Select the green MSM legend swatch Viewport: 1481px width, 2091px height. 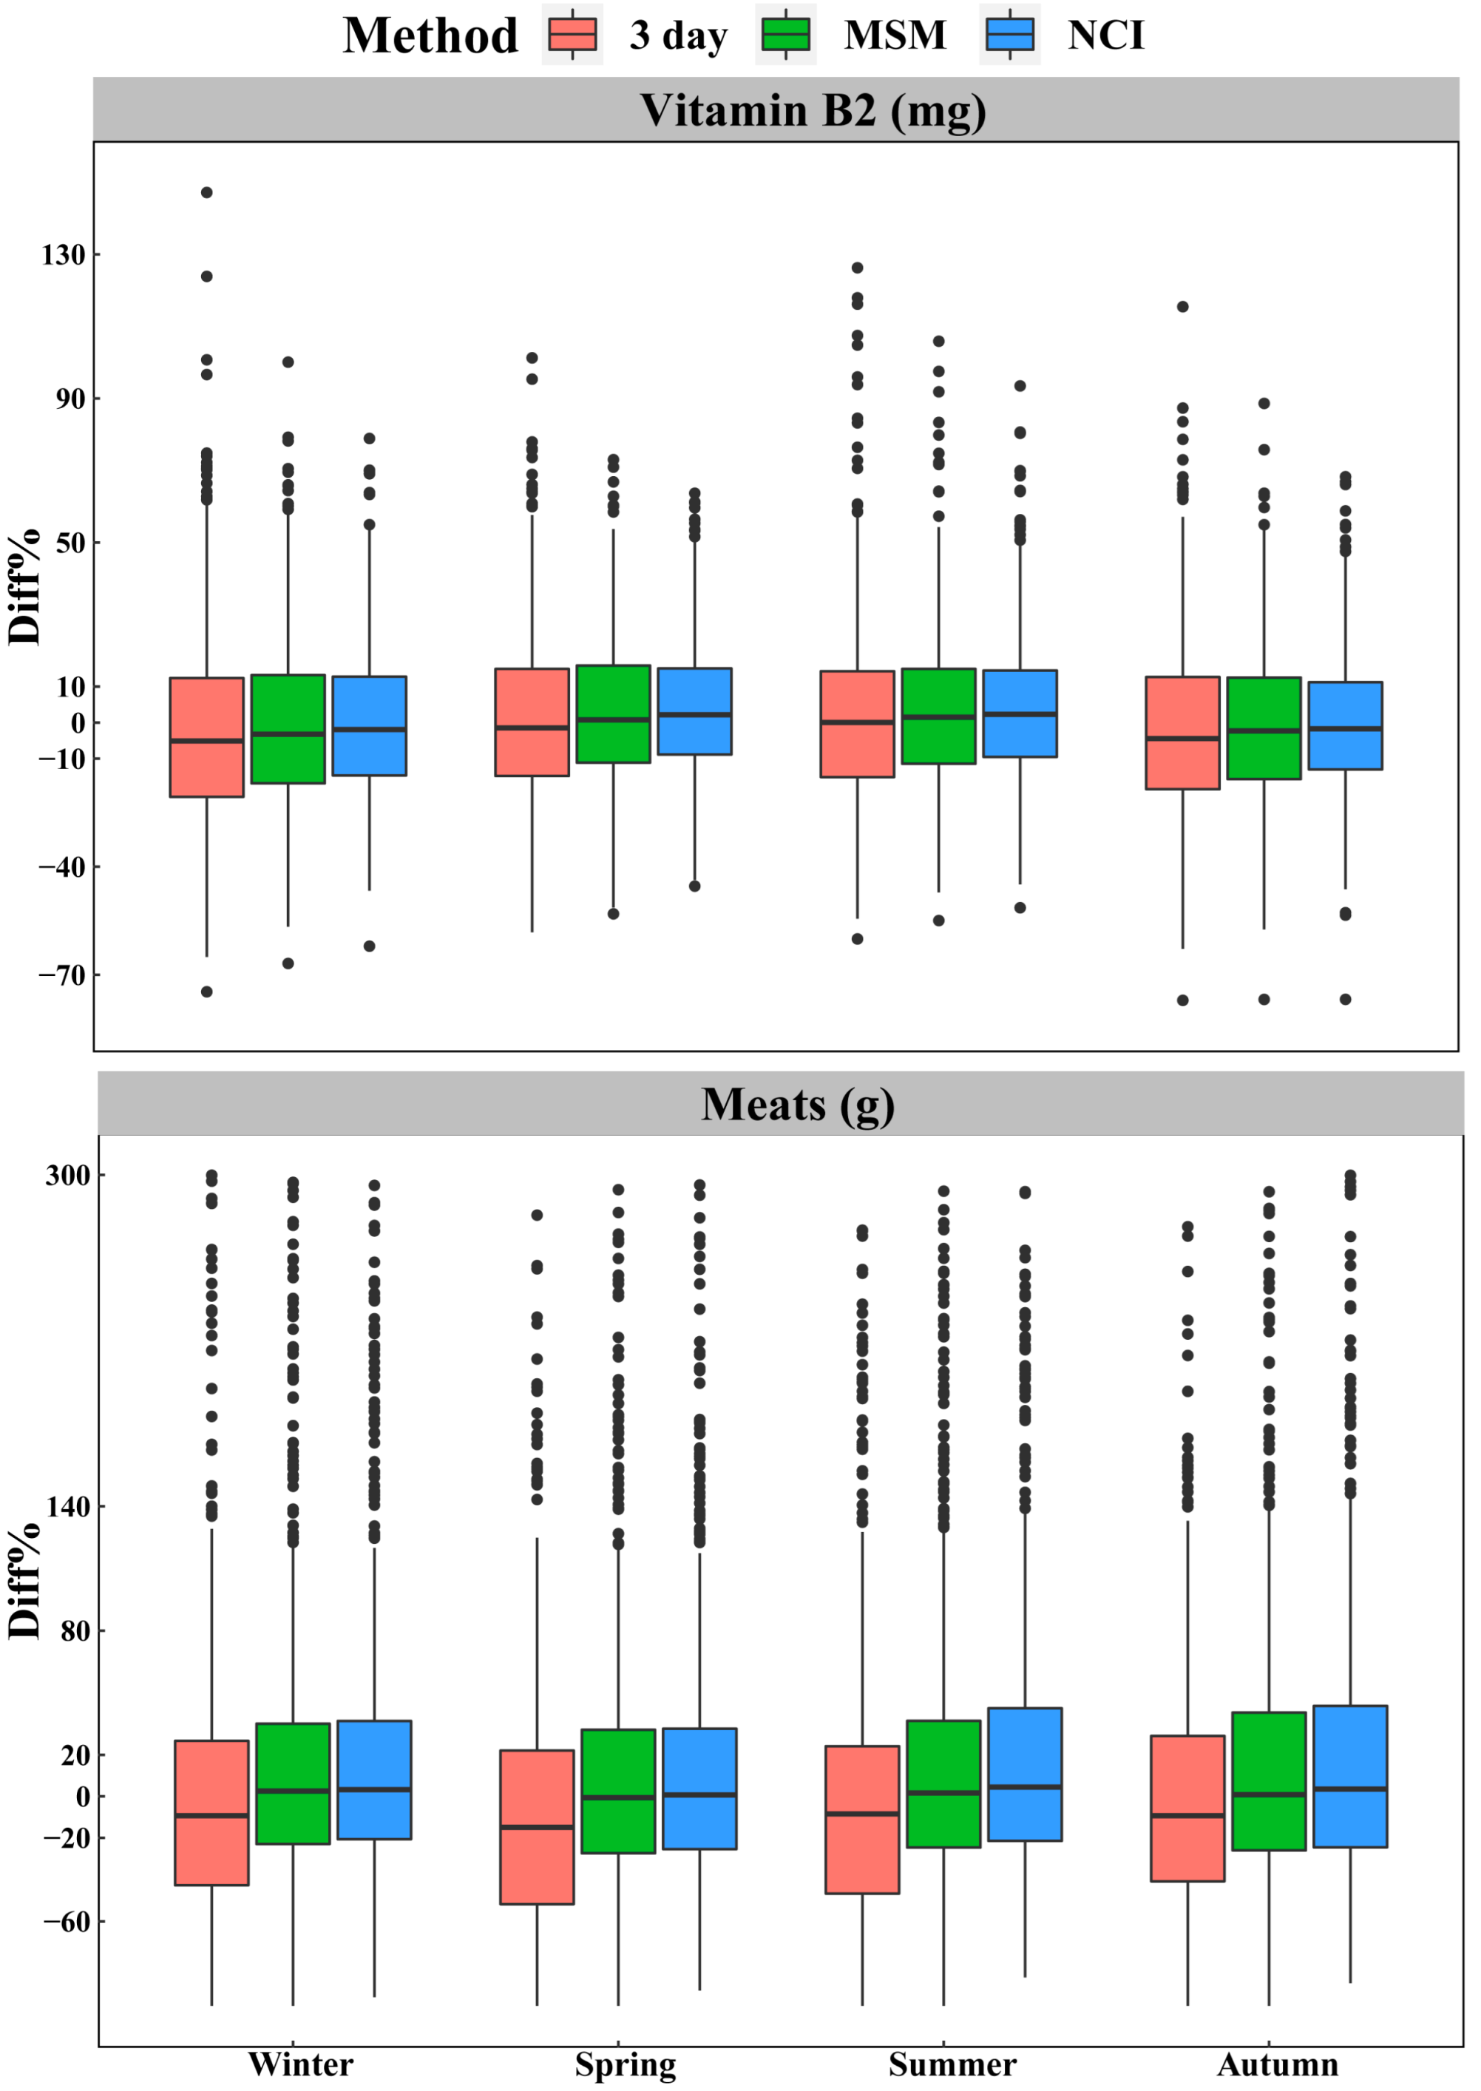[785, 35]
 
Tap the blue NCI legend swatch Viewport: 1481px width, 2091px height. [1009, 35]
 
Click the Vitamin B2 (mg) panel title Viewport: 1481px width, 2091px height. [812, 110]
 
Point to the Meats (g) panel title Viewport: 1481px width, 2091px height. [797, 1105]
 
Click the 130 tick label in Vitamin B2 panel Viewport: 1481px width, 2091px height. [63, 254]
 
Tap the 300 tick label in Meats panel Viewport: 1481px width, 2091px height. [67, 1176]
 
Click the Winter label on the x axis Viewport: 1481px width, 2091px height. [300, 2064]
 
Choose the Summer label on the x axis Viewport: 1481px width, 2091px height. [952, 2064]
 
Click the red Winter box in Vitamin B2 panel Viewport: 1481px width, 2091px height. [207, 737]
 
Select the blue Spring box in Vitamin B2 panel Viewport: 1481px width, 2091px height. [694, 711]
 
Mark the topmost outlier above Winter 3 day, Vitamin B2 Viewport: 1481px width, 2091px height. [207, 192]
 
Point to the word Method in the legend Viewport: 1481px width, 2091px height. [430, 35]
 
